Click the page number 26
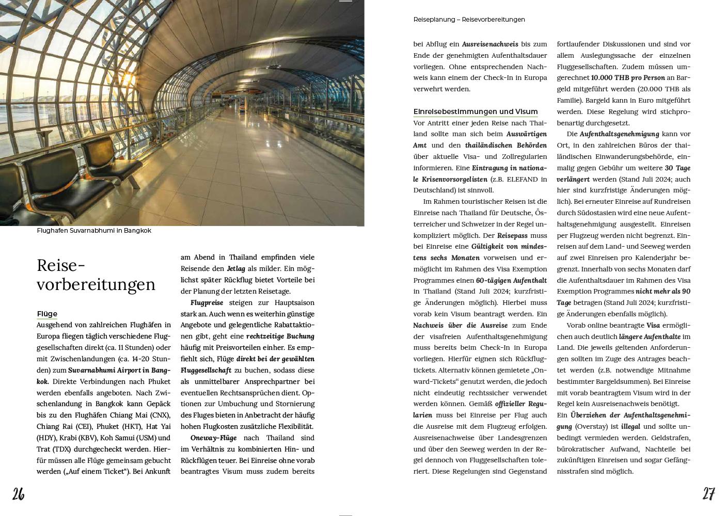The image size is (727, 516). click(x=19, y=494)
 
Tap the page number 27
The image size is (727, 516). click(x=708, y=494)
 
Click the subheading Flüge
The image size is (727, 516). click(x=47, y=314)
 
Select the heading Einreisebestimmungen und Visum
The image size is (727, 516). click(x=476, y=111)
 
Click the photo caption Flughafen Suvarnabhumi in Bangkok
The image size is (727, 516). click(x=94, y=231)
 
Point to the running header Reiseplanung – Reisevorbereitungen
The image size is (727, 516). click(x=469, y=20)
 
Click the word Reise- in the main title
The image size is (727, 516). click(x=60, y=265)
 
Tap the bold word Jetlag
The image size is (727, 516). click(x=236, y=269)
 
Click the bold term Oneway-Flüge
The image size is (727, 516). click(x=213, y=438)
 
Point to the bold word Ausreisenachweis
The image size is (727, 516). click(x=489, y=44)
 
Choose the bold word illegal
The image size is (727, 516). click(x=630, y=427)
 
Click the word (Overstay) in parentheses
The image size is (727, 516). click(x=591, y=427)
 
